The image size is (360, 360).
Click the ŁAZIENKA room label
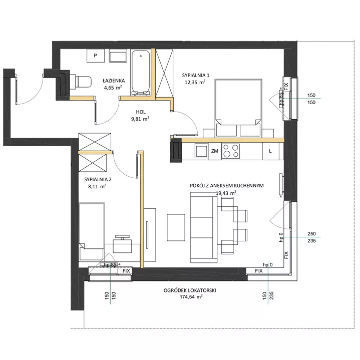114,81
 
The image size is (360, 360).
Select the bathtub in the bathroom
141,73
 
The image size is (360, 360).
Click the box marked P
96,56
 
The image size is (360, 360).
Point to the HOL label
141,112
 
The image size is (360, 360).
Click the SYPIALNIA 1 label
196,75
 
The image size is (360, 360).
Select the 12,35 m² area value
195,82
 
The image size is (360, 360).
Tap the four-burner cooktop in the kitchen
230,151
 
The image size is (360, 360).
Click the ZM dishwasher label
214,151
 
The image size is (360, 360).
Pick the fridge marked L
270,151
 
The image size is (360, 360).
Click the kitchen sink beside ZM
201,151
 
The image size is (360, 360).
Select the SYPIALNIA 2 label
98,179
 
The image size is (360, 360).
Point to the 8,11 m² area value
97,186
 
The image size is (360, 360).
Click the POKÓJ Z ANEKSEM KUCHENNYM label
227,186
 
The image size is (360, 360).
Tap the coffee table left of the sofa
176,227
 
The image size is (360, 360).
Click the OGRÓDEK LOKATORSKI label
190,290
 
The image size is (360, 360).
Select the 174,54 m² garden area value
191,296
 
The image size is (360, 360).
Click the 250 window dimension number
311,234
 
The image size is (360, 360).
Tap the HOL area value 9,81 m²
140,119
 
